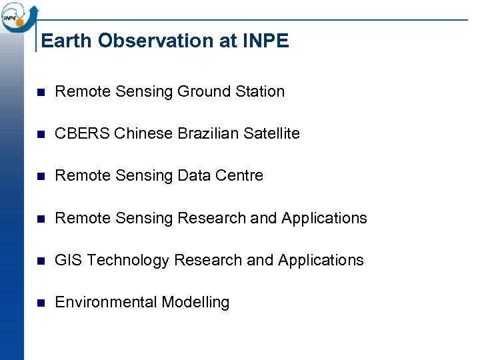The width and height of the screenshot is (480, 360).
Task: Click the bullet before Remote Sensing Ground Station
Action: point(39,92)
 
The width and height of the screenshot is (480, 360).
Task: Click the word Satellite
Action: point(272,133)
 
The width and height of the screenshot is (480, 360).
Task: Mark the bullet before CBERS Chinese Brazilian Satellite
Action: point(39,134)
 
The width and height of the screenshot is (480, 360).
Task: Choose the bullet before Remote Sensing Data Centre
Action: point(39,176)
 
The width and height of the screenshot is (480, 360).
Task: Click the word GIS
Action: point(68,260)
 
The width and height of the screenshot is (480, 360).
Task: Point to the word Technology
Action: point(128,261)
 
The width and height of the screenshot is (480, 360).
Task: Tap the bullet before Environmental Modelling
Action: point(39,303)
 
